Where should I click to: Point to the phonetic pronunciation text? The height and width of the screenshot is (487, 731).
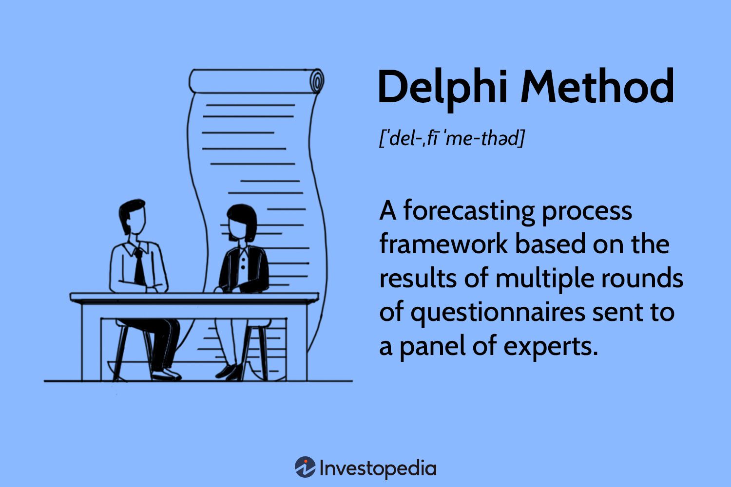pos(452,139)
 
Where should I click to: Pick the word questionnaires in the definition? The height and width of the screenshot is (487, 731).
pos(497,312)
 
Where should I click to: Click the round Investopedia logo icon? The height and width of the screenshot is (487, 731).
pos(305,468)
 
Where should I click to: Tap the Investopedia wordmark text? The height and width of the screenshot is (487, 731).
pos(378,468)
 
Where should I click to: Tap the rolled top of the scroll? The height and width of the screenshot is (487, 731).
pos(256,81)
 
